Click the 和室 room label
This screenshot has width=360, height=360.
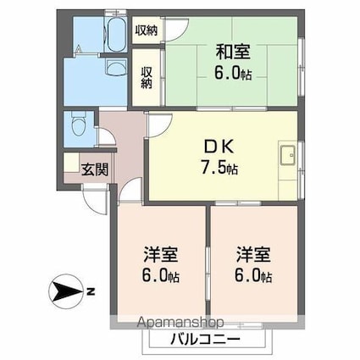(232, 51)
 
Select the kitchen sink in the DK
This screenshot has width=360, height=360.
(286, 156)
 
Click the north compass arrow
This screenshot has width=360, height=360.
(64, 294)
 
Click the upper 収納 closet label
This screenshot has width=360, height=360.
(147, 30)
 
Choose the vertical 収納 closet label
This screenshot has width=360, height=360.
(147, 78)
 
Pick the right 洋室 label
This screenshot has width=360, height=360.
(252, 252)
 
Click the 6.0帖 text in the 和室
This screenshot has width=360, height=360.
(233, 75)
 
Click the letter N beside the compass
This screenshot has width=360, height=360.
(90, 294)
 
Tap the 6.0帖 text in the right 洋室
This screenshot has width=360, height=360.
(253, 276)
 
